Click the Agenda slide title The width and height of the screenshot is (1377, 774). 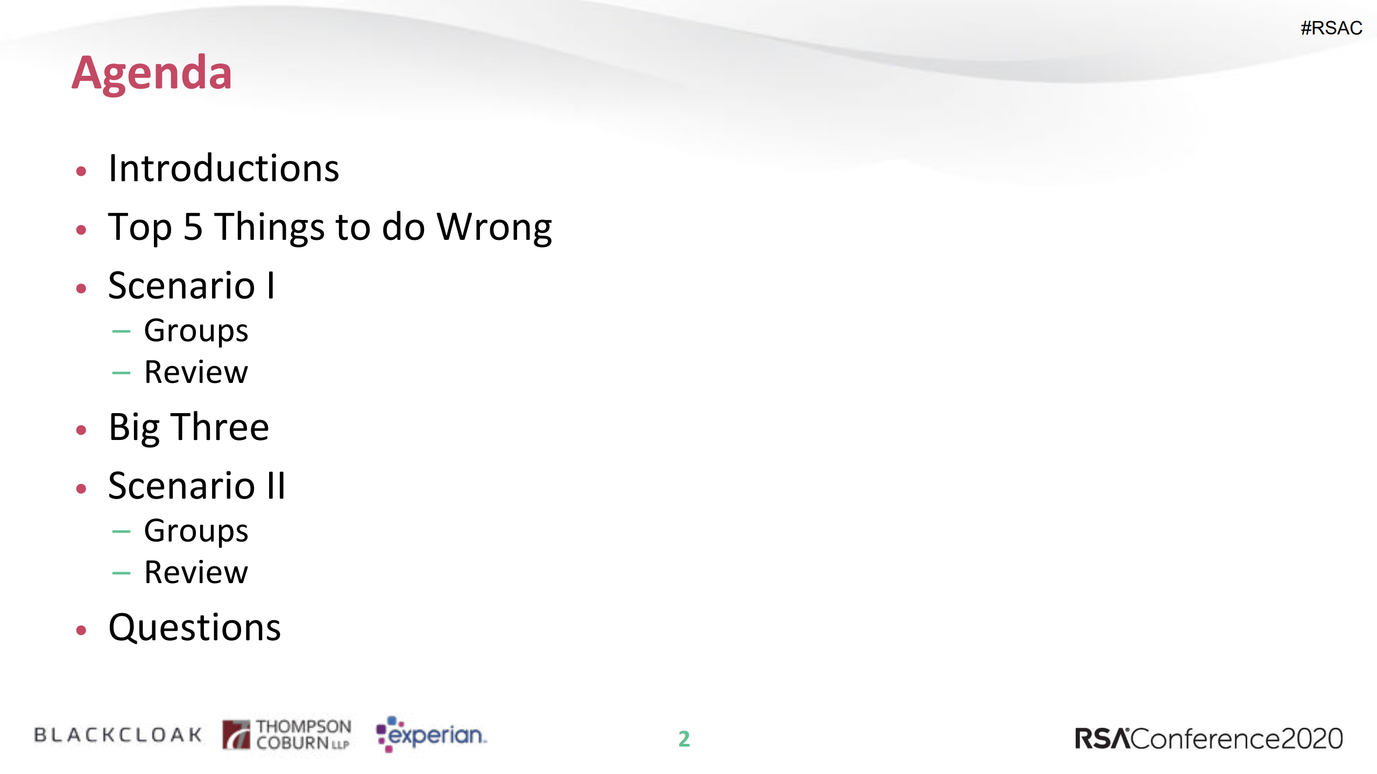click(152, 74)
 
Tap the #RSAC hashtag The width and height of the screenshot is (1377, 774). click(1331, 28)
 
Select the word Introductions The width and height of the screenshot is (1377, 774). click(224, 168)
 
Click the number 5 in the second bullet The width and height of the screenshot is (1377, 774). click(193, 226)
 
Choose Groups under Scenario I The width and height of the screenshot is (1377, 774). click(196, 331)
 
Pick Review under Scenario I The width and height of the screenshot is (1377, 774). click(196, 372)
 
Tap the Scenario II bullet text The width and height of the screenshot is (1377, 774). click(197, 486)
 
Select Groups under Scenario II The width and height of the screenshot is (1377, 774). click(196, 531)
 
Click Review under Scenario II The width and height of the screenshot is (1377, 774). click(196, 572)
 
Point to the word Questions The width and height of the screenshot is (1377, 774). click(195, 628)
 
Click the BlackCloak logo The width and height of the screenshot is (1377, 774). click(118, 735)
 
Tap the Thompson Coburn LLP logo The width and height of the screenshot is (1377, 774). click(287, 734)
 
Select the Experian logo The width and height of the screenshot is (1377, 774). click(431, 734)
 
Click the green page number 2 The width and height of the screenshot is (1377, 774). click(684, 739)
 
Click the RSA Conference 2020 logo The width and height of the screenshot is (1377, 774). click(1209, 739)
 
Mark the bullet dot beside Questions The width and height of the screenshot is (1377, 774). click(81, 630)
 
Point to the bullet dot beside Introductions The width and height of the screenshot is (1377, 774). click(81, 172)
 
